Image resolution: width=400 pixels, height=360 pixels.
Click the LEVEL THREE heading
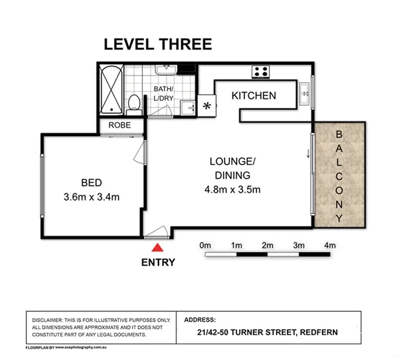click(x=158, y=44)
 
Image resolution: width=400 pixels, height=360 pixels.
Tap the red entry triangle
click(x=157, y=247)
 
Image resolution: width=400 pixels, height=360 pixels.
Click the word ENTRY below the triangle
click(x=158, y=262)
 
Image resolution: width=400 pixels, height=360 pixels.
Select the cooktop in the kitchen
click(x=261, y=71)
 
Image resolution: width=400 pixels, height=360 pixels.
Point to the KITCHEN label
click(x=253, y=95)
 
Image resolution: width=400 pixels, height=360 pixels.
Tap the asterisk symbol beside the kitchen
click(x=208, y=106)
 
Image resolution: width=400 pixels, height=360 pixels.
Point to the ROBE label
click(x=123, y=127)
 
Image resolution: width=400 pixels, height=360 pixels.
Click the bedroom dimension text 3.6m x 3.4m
click(x=92, y=196)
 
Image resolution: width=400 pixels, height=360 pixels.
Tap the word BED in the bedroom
click(x=92, y=182)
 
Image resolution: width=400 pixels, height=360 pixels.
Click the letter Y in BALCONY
click(x=339, y=219)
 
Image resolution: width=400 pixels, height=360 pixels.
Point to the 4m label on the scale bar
click(x=329, y=245)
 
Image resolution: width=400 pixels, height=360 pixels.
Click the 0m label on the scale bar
click(x=205, y=245)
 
